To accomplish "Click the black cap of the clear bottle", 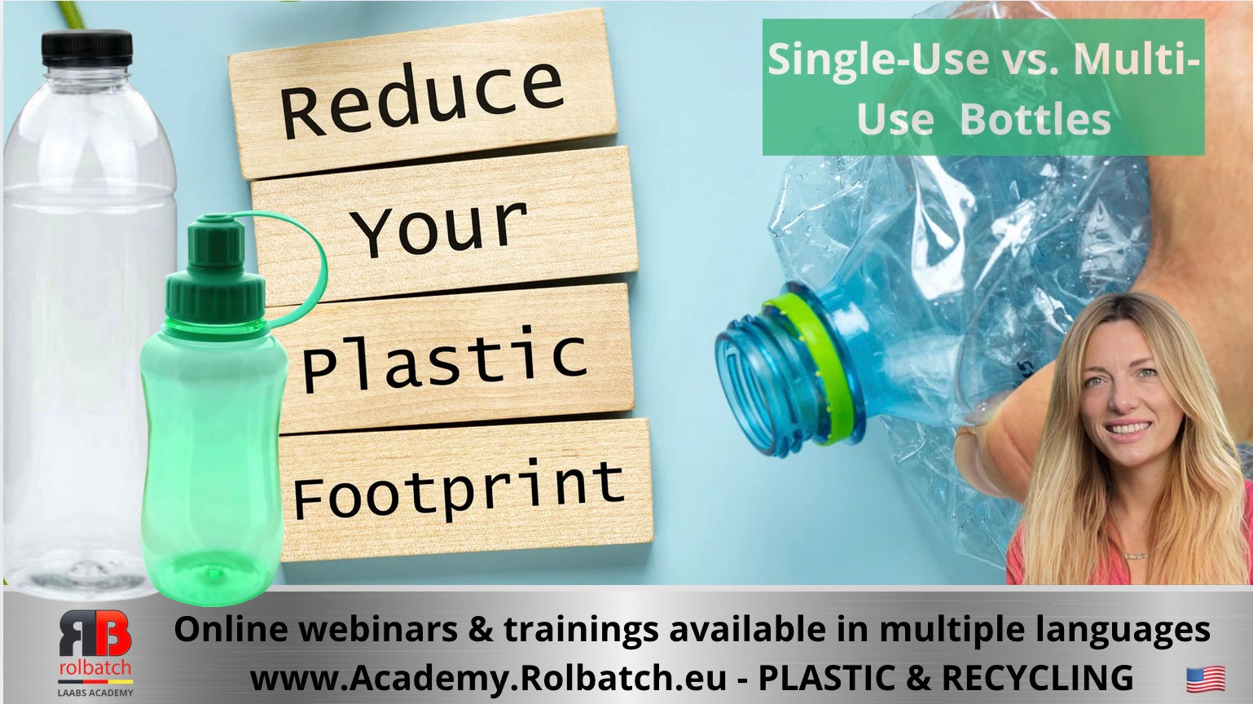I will point(86,48).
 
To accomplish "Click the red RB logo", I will point(95,633).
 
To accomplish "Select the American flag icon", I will point(1205,678).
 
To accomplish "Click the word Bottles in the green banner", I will point(1035,120).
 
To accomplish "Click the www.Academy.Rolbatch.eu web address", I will point(487,677).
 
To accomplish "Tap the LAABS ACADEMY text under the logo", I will point(95,693).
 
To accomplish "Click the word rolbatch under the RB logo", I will point(95,668).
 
